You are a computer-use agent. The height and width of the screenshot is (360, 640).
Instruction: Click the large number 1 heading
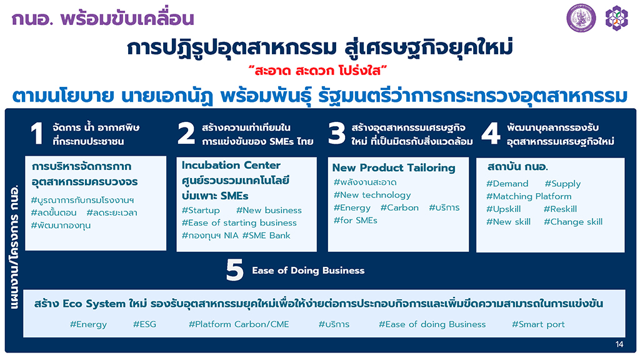point(37,134)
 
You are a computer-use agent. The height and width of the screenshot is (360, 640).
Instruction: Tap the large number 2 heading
point(186,134)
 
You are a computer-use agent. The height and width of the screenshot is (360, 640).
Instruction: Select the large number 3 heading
point(337,134)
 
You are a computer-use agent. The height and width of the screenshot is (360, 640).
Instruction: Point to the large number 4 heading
point(491,134)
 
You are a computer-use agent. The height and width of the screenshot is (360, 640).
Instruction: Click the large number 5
point(235,270)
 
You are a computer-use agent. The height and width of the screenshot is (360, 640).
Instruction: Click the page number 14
point(619,344)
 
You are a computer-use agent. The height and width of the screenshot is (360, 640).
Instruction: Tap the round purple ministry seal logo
point(581,18)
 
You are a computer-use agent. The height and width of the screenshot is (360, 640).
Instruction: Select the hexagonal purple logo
point(616,18)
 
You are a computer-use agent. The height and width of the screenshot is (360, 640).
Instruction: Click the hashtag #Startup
point(201,211)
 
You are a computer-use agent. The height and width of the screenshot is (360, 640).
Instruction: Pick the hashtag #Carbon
point(399,207)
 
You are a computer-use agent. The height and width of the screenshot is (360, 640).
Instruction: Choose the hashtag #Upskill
point(503,209)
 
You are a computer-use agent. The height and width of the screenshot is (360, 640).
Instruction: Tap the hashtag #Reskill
point(560,209)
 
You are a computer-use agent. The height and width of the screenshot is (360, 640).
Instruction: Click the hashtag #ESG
point(144,324)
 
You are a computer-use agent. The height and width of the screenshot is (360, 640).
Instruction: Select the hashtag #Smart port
point(538,324)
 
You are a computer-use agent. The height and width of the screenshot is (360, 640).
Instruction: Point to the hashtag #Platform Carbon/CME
point(239,324)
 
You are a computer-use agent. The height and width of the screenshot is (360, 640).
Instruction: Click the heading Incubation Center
point(231,165)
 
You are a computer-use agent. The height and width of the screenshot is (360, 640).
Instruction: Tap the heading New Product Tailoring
point(394,167)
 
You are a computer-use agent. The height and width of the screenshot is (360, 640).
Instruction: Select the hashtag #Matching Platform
point(529,196)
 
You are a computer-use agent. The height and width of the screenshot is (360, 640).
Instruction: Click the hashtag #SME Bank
point(266,236)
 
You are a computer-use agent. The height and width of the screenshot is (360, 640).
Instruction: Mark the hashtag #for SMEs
point(355,221)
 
